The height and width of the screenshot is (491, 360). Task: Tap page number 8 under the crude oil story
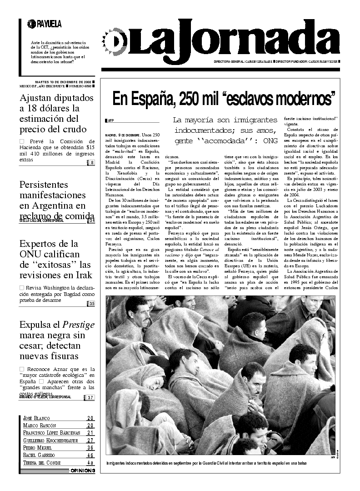92,163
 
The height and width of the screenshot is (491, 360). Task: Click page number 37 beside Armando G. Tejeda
91,397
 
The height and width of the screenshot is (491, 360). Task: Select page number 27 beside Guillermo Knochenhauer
90,441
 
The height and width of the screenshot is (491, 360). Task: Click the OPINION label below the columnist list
82,471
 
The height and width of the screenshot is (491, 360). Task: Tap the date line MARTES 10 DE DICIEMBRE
63,82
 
